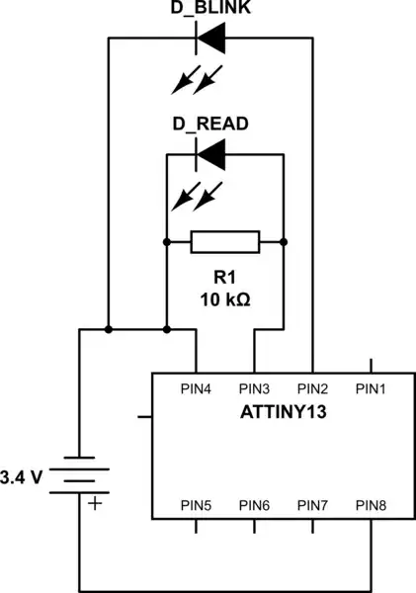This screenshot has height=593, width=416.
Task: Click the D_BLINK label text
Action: (x=211, y=10)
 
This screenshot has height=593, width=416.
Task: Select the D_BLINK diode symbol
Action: (x=210, y=39)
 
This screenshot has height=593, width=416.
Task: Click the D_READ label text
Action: (x=210, y=125)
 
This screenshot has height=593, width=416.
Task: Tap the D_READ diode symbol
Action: (x=210, y=154)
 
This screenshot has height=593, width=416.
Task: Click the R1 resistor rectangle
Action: (x=224, y=242)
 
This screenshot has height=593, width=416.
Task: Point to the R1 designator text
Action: (x=224, y=278)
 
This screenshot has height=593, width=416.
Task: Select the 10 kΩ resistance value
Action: (x=224, y=298)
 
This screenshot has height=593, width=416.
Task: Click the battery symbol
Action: (x=79, y=476)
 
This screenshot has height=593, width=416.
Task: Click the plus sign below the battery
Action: (x=95, y=503)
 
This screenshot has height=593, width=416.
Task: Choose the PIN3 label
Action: (x=255, y=388)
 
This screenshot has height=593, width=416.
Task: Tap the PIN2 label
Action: (x=313, y=388)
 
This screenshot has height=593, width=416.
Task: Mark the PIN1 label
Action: (x=372, y=388)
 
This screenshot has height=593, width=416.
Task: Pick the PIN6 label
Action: (x=255, y=506)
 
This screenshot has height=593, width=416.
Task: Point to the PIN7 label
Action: (x=313, y=506)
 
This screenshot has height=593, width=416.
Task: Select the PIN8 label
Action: (x=372, y=506)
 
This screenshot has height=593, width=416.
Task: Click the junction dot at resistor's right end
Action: (x=284, y=242)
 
